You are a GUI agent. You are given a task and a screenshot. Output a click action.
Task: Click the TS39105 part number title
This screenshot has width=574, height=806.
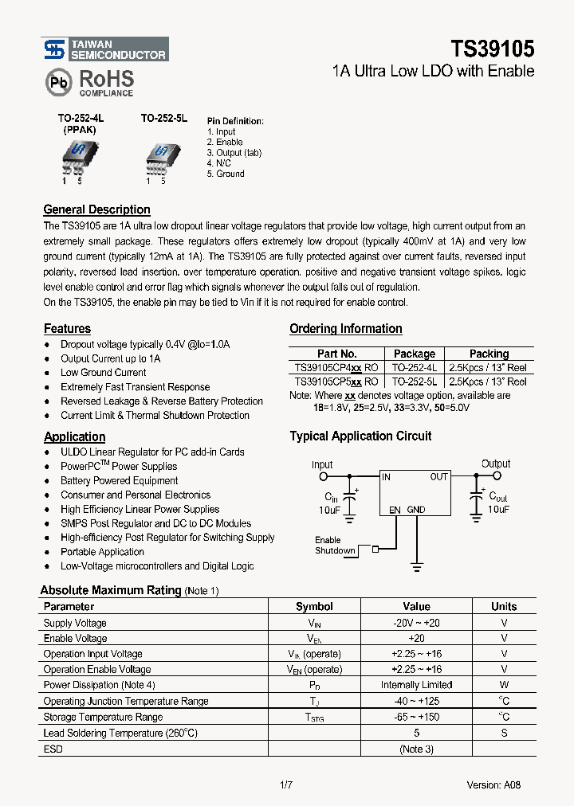482,49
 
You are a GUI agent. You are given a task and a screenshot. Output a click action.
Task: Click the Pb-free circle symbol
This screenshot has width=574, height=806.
57,82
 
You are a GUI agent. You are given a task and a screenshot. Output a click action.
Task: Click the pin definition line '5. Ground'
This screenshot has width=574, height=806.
226,174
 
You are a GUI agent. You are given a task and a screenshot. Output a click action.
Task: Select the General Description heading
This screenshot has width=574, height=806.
96,209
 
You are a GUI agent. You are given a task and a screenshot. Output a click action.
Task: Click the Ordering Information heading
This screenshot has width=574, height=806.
345,328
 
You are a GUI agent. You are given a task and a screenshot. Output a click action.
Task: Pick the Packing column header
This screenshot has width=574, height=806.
489,354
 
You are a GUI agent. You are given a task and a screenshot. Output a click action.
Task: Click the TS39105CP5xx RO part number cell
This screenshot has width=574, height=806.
336,381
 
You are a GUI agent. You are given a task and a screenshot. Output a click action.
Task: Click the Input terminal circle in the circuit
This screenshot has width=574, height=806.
323,477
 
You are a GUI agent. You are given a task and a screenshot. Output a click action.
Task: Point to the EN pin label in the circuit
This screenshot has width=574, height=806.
394,510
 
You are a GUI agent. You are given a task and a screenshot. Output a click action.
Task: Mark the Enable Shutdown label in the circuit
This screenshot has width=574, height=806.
334,546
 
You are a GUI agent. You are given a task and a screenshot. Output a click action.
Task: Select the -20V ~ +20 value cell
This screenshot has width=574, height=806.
416,623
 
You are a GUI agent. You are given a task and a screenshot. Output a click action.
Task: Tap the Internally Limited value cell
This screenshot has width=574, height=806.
416,685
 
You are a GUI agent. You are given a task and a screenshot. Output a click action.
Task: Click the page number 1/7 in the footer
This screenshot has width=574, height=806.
286,784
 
